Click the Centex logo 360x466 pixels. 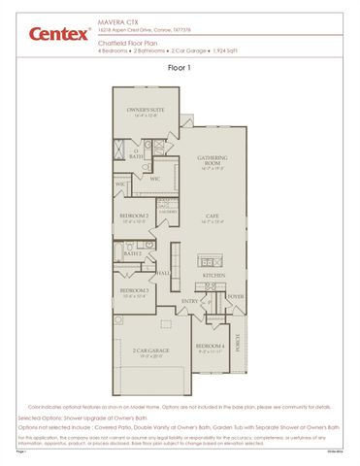[x=48, y=33]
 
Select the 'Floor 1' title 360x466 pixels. [x=180, y=69]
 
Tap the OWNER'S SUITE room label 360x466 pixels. [x=145, y=111]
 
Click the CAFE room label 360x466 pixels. [x=213, y=216]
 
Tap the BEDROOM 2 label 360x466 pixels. [x=134, y=216]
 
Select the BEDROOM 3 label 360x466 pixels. [x=133, y=290]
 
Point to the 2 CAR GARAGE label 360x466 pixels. [x=151, y=350]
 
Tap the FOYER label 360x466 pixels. [x=235, y=296]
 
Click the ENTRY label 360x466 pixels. [x=190, y=301]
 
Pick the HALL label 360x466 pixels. [x=164, y=273]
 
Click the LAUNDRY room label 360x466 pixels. [x=167, y=211]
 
